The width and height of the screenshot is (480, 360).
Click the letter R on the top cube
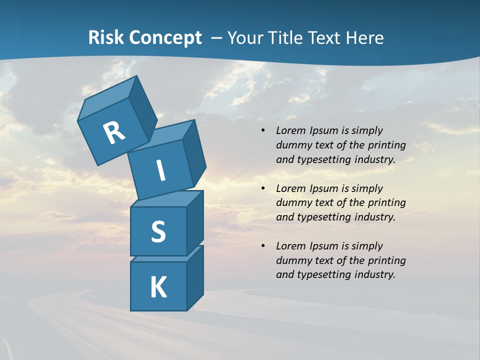(114, 133)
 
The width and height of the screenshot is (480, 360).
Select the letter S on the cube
(158, 232)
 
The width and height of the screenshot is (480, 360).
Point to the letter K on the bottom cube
(158, 287)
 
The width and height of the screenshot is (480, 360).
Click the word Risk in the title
(106, 38)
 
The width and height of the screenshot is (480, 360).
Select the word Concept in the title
(165, 38)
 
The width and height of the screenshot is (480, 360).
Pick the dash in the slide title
(217, 38)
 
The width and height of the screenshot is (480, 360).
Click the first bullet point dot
(263, 131)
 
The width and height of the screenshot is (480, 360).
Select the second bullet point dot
(263, 189)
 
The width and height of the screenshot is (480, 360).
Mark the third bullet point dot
(263, 246)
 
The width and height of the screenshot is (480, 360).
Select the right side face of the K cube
(195, 276)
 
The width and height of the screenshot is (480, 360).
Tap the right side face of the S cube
(195, 221)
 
